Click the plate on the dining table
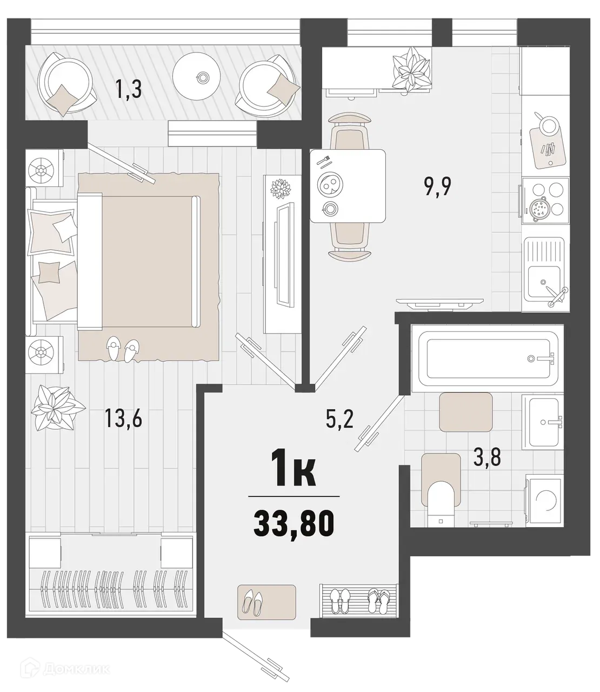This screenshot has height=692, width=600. click(x=328, y=185)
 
